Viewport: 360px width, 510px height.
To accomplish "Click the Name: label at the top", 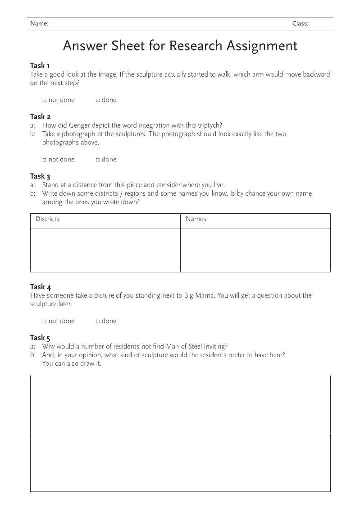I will pyautogui.click(x=39, y=24).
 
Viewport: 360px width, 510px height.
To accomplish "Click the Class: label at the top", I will pyautogui.click(x=300, y=24).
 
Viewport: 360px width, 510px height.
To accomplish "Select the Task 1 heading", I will pyautogui.click(x=40, y=66).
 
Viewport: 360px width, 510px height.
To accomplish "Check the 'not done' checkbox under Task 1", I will pyautogui.click(x=45, y=100).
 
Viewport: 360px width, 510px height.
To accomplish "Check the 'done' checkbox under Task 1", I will pyautogui.click(x=98, y=100).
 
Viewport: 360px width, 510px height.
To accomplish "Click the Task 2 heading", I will pyautogui.click(x=40, y=117).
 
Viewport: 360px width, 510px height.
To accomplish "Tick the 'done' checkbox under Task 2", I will pyautogui.click(x=98, y=160).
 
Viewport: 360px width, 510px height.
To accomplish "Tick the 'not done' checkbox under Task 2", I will pyautogui.click(x=45, y=160).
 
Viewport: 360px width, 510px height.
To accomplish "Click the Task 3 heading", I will pyautogui.click(x=40, y=176).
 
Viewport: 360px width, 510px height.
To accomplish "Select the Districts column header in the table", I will pyautogui.click(x=47, y=219).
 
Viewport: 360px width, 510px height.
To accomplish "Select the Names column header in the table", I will pyautogui.click(x=196, y=219).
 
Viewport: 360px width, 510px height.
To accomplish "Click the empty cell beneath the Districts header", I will pyautogui.click(x=105, y=250).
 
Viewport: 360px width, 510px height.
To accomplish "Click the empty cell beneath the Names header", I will pyautogui.click(x=255, y=250).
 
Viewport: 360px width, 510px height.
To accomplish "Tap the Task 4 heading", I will pyautogui.click(x=40, y=287).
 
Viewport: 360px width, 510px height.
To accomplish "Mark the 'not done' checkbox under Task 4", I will pyautogui.click(x=45, y=322).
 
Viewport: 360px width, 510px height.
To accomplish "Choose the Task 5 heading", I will pyautogui.click(x=40, y=338).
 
